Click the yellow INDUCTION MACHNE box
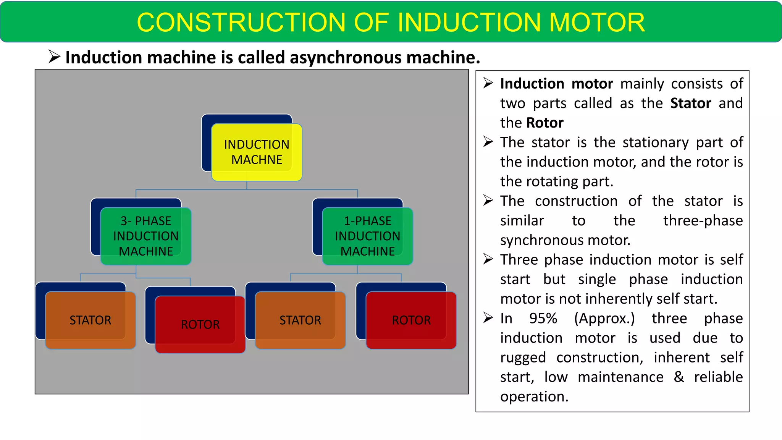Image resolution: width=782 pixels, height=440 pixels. pos(257,152)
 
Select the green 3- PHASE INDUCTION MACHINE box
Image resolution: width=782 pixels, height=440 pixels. pos(146,236)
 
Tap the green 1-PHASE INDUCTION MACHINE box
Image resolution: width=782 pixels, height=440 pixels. pos(367,236)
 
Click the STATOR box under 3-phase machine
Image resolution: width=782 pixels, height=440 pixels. pos(90,320)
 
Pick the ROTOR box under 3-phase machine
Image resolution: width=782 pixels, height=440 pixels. pos(200,324)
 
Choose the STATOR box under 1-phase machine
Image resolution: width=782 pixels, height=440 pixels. pos(300,320)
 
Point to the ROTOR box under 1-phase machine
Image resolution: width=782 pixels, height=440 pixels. pos(411,320)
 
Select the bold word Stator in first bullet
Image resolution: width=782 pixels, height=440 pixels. pos(690,104)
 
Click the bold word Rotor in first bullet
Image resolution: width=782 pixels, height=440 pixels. pos(544,123)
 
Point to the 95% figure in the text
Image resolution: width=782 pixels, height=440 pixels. pos(543,318)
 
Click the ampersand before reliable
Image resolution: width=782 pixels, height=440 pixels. pos(679,377)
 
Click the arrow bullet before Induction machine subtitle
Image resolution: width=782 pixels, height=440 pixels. pos(54,57)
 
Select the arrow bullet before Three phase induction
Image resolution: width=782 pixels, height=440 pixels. pos(488,259)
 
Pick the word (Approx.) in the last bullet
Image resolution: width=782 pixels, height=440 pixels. pos(604,318)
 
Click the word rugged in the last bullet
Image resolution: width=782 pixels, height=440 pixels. pos(523,358)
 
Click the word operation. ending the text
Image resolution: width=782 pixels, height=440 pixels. pos(534,397)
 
